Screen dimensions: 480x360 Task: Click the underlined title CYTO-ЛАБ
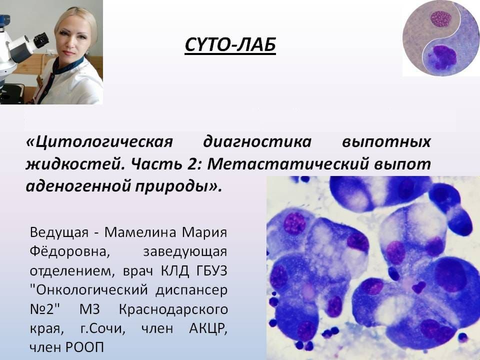(230, 44)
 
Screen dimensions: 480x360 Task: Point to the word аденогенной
(78, 186)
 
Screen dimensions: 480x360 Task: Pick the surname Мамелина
(140, 232)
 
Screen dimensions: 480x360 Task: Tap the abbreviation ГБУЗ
(211, 271)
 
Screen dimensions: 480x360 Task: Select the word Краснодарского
(173, 309)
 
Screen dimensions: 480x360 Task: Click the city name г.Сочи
(102, 329)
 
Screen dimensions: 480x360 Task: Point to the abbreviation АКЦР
(208, 329)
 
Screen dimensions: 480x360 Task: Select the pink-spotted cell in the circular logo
(441, 19)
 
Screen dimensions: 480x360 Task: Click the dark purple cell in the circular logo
(442, 57)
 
